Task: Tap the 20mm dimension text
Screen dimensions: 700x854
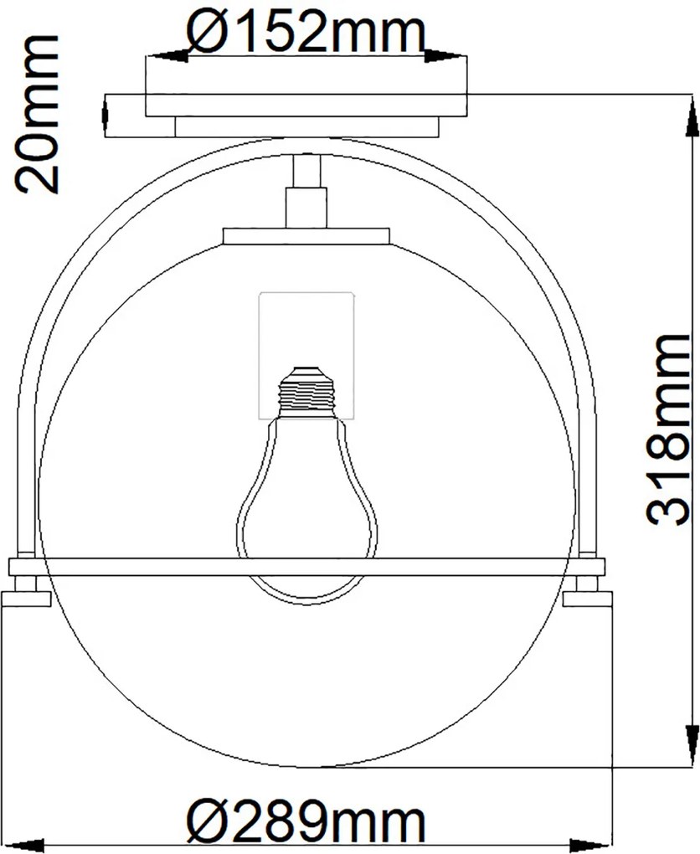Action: click(x=37, y=114)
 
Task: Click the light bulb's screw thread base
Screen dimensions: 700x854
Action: click(x=307, y=392)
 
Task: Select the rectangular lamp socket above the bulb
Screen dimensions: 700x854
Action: click(x=306, y=355)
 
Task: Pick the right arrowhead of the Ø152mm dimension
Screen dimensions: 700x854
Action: click(x=446, y=55)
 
